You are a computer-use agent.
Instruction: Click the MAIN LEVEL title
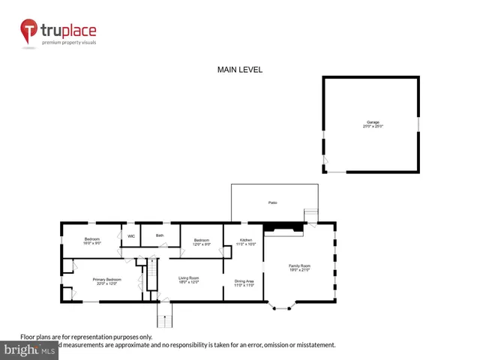pyautogui.click(x=240, y=70)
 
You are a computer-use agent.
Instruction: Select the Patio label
pyautogui.click(x=273, y=202)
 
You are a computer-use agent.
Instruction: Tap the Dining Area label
pyautogui.click(x=244, y=283)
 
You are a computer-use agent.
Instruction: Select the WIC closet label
pyautogui.click(x=130, y=236)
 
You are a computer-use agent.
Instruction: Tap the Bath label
pyautogui.click(x=160, y=235)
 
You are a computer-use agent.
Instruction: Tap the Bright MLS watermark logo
pyautogui.click(x=29, y=349)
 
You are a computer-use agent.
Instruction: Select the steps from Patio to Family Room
pyautogui.click(x=310, y=214)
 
